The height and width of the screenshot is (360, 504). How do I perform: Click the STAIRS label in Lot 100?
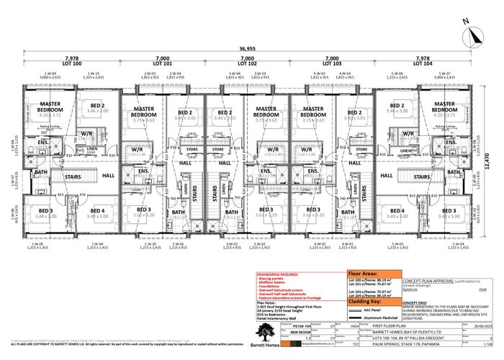pyautogui.click(x=69, y=174)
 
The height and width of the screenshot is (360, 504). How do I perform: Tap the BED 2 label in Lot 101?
pyautogui.click(x=184, y=113)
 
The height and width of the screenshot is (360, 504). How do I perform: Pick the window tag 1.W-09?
pyautogui.click(x=49, y=73)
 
